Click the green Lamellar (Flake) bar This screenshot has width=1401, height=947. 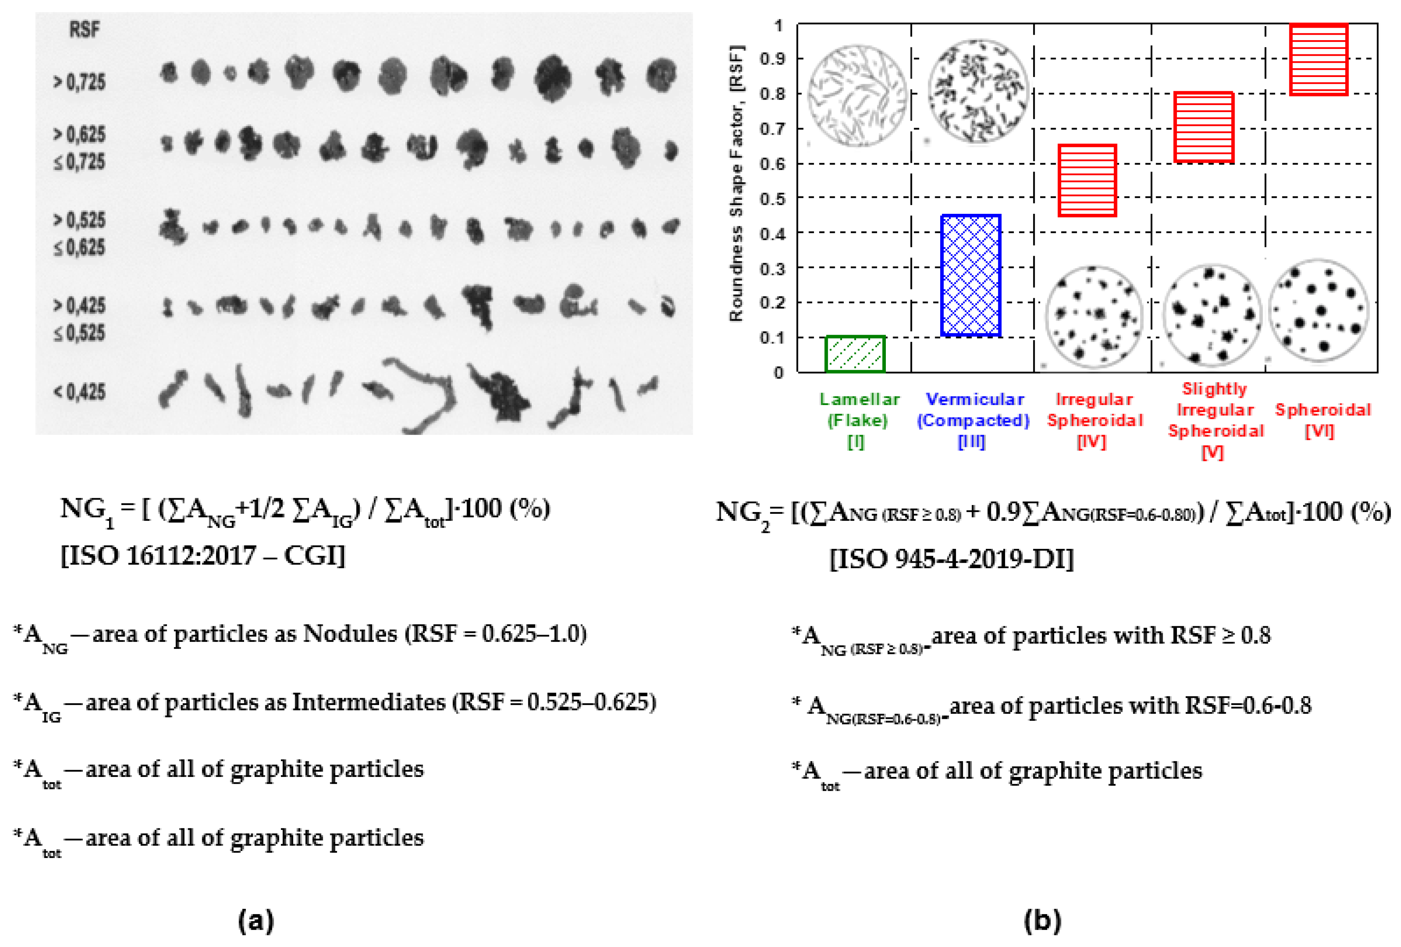click(x=855, y=354)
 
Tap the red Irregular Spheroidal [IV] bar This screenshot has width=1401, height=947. click(x=1087, y=180)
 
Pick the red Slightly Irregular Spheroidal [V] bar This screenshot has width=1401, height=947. click(x=1203, y=127)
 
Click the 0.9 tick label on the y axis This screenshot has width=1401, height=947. click(x=772, y=59)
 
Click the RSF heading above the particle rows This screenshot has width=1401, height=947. click(x=84, y=29)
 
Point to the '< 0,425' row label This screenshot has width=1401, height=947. click(x=80, y=392)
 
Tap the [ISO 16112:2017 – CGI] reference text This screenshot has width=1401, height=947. click(x=202, y=555)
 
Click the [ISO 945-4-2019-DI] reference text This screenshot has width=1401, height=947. click(x=951, y=559)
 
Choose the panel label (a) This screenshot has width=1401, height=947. click(x=256, y=920)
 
